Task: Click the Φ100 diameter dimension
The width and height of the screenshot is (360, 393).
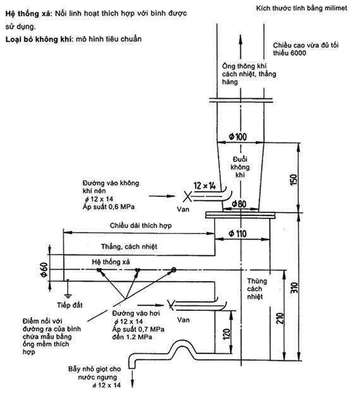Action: point(237,136)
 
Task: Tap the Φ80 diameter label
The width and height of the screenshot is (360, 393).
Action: point(239,204)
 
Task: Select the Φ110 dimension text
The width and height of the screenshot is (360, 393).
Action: point(237,234)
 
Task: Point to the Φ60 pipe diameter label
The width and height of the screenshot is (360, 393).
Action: point(44,270)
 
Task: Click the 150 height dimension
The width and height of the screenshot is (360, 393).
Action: point(294,179)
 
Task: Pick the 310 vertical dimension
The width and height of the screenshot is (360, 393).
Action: point(294,287)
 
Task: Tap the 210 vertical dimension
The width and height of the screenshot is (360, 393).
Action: point(280,318)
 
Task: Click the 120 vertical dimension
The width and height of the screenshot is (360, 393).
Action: point(226,334)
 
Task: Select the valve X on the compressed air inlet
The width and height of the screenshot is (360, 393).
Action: point(187,196)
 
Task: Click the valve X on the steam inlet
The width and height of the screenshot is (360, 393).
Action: point(171,305)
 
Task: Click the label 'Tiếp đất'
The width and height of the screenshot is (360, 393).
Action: point(69,305)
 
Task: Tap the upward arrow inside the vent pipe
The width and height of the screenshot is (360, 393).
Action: point(241,47)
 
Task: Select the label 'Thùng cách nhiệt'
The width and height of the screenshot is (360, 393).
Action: point(257,289)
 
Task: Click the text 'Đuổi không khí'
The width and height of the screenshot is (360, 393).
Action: point(240,167)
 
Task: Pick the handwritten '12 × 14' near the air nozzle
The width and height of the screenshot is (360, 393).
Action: point(205,186)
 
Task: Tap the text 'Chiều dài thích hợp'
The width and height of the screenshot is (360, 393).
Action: point(141,226)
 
